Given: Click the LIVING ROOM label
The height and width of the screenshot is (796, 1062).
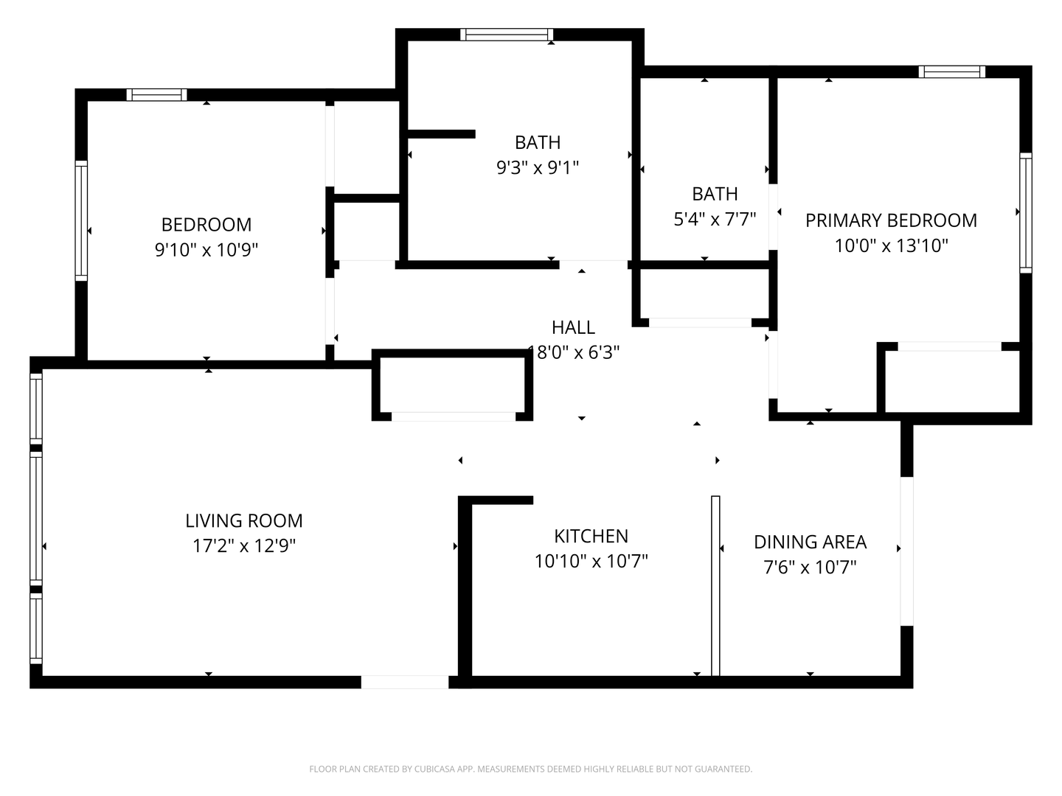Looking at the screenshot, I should click(x=243, y=521).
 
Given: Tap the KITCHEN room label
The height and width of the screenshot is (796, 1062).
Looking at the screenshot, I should click(x=591, y=536).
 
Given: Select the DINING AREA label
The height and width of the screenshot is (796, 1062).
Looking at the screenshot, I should click(x=810, y=542).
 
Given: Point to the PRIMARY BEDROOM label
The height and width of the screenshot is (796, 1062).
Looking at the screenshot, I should click(x=891, y=220).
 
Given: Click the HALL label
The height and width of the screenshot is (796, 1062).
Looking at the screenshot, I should click(x=573, y=327).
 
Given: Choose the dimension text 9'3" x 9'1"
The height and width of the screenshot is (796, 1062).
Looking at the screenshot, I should click(x=537, y=168).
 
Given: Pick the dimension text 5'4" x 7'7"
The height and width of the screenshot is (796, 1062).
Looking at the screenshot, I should click(x=715, y=219).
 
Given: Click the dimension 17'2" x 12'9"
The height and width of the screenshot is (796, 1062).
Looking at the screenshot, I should click(x=243, y=546).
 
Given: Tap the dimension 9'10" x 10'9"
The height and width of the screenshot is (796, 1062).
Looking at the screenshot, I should click(x=206, y=250).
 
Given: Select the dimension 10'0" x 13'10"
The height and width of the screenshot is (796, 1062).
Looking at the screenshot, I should click(x=891, y=245).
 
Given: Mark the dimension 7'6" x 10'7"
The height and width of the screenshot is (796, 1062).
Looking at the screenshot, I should click(x=810, y=568).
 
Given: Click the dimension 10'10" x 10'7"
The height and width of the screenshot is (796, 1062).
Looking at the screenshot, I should click(x=591, y=562).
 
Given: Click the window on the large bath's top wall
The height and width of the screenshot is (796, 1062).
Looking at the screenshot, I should click(x=507, y=35).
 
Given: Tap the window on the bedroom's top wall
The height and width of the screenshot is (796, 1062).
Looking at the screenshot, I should click(x=156, y=94).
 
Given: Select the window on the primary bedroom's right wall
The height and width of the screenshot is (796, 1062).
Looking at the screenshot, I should click(x=1025, y=212).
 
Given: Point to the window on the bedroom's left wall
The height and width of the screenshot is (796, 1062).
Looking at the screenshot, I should click(x=81, y=220).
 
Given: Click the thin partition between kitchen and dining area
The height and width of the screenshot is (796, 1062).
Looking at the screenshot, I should click(x=715, y=585).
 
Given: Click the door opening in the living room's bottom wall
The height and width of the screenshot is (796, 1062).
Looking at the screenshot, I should click(x=405, y=682).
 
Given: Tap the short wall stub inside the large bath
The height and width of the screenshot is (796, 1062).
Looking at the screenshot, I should click(x=441, y=133).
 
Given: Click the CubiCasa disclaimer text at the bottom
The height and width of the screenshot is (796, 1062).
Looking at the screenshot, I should click(x=530, y=769).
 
